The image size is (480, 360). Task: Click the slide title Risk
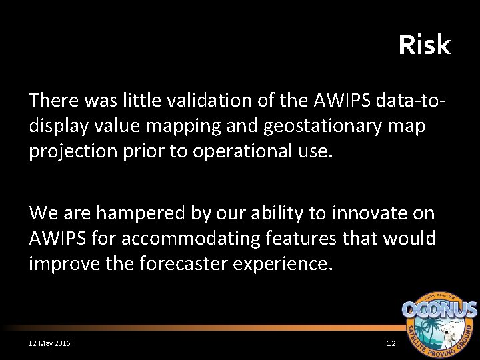click(x=424, y=45)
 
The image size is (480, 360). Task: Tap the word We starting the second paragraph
click(x=43, y=213)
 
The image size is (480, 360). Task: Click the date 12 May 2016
click(x=49, y=343)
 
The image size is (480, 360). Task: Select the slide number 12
click(x=391, y=343)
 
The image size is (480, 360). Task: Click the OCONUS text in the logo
click(x=439, y=310)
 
